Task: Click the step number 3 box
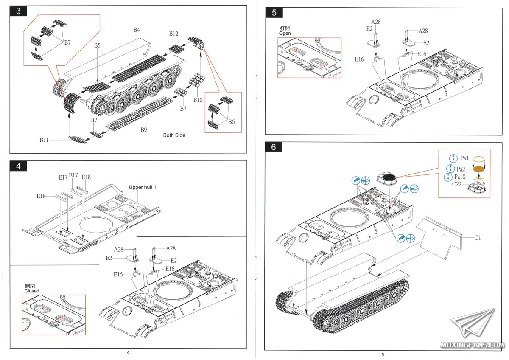[x=18, y=11]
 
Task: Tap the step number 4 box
[x=18, y=166]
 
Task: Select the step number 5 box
[x=274, y=12]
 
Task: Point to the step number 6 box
[x=274, y=147]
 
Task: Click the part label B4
[x=137, y=30]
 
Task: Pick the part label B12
[x=173, y=34]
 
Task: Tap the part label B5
[x=97, y=45]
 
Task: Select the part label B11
[x=44, y=140]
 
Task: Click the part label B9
[x=144, y=130]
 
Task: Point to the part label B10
[x=198, y=100]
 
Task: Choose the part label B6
[x=231, y=122]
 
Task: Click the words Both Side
[x=174, y=135]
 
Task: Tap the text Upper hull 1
[x=143, y=187]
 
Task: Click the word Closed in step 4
[x=32, y=291]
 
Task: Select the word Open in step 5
[x=285, y=33]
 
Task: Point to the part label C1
[x=478, y=238]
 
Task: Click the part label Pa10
[x=460, y=177]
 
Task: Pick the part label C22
[x=457, y=184]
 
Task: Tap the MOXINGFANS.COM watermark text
[x=472, y=345]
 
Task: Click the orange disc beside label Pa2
[x=478, y=169]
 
